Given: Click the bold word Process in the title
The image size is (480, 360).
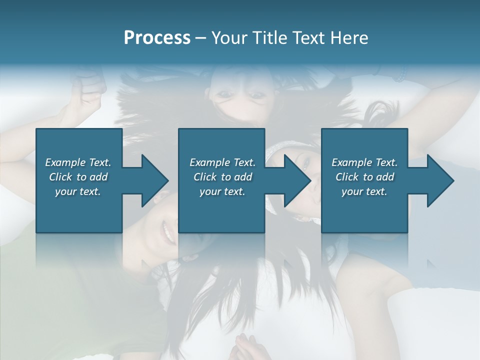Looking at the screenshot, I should point(157,38).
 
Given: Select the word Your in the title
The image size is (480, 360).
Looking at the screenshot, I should point(230,38).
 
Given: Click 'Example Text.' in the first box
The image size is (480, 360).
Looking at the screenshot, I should point(78,162).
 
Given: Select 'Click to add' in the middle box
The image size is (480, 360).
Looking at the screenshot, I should point(222,177).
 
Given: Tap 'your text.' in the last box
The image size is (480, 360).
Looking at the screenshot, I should point(364,191).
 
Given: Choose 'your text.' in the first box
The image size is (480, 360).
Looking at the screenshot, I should point(78,191).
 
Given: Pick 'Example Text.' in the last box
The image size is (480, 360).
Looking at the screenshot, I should point(364,162).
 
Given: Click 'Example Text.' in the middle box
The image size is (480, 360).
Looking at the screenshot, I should point(222,162).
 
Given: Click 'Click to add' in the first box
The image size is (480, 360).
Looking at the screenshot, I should point(78,177).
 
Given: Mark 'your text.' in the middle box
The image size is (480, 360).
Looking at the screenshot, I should point(222,191).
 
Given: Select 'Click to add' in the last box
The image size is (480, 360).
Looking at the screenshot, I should point(364,177).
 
